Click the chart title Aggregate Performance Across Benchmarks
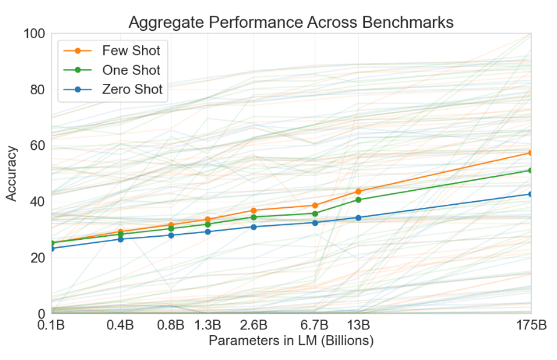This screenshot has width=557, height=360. click(x=291, y=23)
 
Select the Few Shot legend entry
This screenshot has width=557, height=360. click(x=131, y=50)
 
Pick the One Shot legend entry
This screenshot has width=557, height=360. click(x=132, y=70)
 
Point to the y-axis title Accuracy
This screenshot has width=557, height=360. click(x=11, y=174)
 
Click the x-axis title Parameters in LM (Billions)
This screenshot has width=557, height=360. click(x=291, y=341)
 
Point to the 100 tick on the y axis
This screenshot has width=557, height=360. click(x=34, y=34)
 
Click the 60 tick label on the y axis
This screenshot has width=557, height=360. click(x=37, y=146)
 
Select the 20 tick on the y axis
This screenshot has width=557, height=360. click(x=37, y=258)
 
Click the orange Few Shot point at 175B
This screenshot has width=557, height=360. click(x=530, y=153)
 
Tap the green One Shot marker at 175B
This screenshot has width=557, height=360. click(x=530, y=170)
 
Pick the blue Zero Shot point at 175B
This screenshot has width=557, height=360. click(x=530, y=194)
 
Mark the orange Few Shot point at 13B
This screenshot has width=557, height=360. click(x=358, y=191)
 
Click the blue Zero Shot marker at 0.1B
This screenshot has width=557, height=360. click(x=51, y=248)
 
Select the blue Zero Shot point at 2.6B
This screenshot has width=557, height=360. click(x=254, y=227)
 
